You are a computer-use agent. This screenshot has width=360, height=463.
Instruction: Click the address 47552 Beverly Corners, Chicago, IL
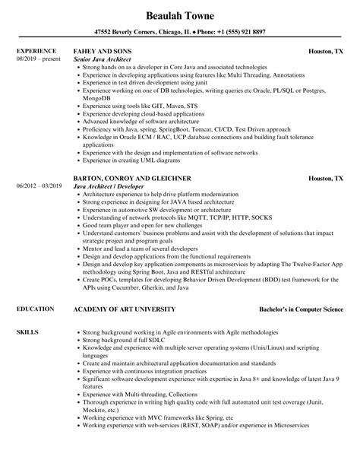click(120, 33)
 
